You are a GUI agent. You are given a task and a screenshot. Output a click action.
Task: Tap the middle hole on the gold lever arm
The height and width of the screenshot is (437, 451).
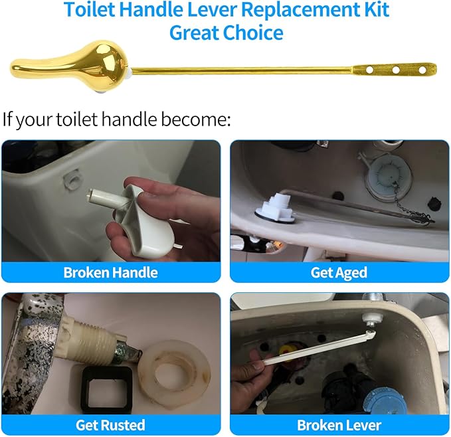click(x=395, y=69)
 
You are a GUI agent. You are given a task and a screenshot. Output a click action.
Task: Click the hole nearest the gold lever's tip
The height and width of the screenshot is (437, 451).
click(x=421, y=69)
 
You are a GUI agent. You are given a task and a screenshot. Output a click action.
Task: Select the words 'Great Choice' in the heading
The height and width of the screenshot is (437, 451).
click(x=226, y=32)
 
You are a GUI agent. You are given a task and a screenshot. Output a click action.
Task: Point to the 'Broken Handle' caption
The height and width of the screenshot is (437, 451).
click(x=110, y=272)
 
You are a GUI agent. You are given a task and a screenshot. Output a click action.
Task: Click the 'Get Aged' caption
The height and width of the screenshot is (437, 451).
click(x=339, y=272)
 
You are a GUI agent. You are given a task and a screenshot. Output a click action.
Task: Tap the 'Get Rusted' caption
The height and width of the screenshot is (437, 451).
click(x=110, y=424)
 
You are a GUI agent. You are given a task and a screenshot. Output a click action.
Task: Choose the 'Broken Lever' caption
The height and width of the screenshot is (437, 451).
click(x=339, y=424)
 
